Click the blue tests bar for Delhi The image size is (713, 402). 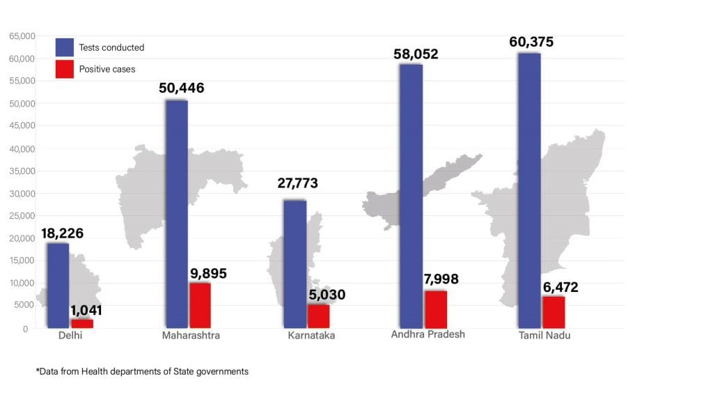(x=58, y=285)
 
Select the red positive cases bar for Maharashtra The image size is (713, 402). (x=200, y=305)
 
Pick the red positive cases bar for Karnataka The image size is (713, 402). (x=318, y=316)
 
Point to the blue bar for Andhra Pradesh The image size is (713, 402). (x=411, y=196)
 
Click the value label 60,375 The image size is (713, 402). (x=531, y=42)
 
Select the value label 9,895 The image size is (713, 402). (x=208, y=273)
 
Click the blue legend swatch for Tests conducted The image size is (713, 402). (x=65, y=47)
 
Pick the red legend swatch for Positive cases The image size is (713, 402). (x=65, y=69)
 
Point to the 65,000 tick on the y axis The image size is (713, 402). (x=21, y=36)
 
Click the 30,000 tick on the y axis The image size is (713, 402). (x=21, y=194)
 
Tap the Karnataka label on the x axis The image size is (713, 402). (x=311, y=336)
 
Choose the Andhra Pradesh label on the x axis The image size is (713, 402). (x=428, y=334)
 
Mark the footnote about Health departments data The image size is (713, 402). (x=142, y=372)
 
